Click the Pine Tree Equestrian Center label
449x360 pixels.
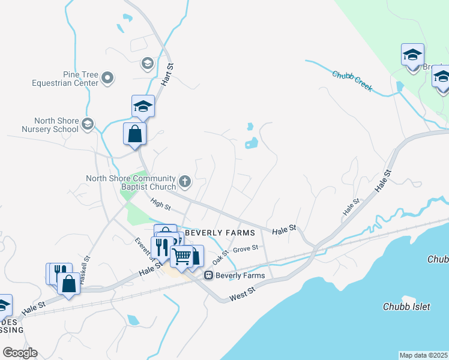click(67, 79)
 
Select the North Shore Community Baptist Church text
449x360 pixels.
click(130, 182)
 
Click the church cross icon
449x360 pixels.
click(185, 181)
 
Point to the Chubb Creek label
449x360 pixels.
click(352, 81)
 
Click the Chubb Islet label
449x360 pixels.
click(406, 307)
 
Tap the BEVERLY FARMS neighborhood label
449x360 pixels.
click(220, 232)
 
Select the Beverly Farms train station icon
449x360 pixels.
click(209, 275)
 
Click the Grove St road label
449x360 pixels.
click(245, 248)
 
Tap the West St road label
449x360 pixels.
click(243, 293)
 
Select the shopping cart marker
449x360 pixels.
click(181, 256)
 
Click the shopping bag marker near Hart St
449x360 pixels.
click(135, 133)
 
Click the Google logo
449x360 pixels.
click(20, 353)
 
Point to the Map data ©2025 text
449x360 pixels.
click(424, 355)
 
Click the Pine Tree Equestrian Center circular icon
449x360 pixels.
click(108, 78)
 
